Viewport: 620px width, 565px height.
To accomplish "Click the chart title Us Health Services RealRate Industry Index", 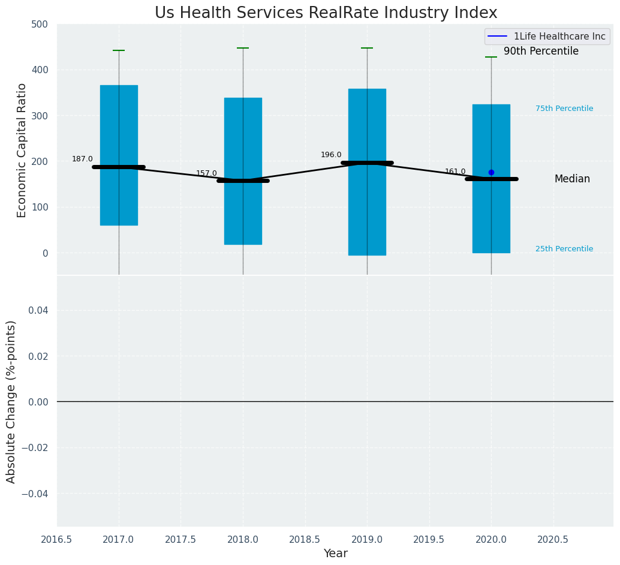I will [326, 13].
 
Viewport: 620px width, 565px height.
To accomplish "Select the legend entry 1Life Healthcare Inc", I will [559, 37].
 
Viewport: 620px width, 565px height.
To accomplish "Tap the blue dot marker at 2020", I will [491, 172].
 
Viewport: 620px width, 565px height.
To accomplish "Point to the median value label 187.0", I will [82, 159].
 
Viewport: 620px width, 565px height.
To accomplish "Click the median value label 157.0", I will [206, 173].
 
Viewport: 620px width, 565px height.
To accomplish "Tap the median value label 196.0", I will [331, 155].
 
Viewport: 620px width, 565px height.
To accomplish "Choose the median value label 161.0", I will [455, 172].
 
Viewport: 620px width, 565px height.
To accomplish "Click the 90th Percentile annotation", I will [541, 52].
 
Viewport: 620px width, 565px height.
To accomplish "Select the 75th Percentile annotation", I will [564, 109].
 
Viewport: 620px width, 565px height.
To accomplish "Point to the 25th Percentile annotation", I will [564, 249].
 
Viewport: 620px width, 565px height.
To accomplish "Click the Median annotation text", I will [572, 179].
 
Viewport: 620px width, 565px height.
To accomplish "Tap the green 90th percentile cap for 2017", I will [119, 50].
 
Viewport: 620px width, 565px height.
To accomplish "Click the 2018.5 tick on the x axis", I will [305, 540].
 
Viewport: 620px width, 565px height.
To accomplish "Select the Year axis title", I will [335, 554].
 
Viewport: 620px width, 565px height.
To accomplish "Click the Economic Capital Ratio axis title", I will [22, 150].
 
